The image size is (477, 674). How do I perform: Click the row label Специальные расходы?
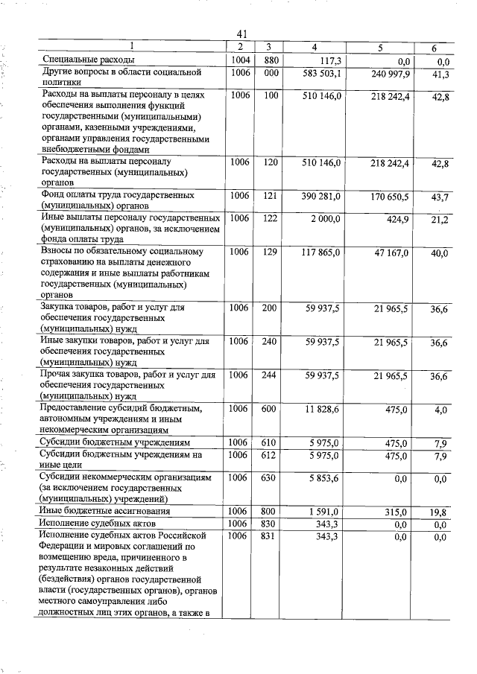click(x=88, y=60)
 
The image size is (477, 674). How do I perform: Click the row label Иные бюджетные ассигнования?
click(x=105, y=512)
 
